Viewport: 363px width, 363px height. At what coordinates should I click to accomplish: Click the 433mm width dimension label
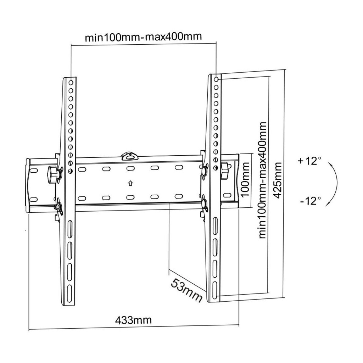click(x=133, y=320)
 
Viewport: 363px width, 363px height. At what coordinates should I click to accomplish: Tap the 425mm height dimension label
click(x=277, y=180)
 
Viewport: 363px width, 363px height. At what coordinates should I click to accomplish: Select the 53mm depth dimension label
click(x=186, y=290)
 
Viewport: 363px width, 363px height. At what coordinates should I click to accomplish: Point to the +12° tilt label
click(x=309, y=161)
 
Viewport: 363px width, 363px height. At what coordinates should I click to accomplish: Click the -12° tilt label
click(x=311, y=201)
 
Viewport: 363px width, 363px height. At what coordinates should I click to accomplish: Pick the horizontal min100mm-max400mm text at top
click(x=144, y=37)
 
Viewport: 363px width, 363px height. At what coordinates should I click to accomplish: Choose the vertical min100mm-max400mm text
click(x=263, y=180)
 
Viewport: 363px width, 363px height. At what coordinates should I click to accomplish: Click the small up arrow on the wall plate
click(x=130, y=184)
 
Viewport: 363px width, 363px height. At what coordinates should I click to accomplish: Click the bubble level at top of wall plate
click(x=130, y=156)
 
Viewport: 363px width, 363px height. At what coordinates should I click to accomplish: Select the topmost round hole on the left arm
click(x=71, y=82)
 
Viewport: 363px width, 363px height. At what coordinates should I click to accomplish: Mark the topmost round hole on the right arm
click(x=216, y=79)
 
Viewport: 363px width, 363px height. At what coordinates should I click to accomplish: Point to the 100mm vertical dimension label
click(x=245, y=180)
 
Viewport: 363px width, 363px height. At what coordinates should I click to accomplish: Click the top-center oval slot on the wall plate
click(x=130, y=168)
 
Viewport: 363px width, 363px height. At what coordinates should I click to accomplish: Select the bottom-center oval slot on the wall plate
click(x=130, y=197)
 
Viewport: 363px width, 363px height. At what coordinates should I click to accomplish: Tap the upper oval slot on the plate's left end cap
click(x=33, y=171)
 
